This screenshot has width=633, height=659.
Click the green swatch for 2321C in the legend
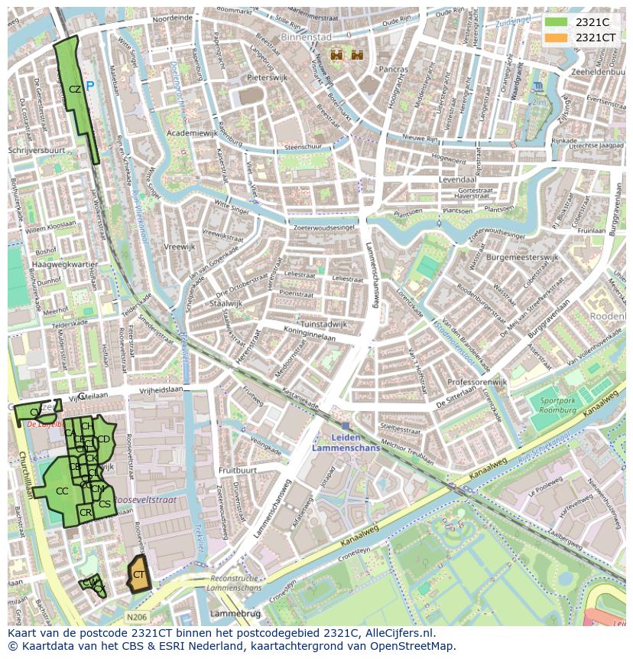pyautogui.click(x=556, y=22)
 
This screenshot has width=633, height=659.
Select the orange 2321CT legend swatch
pyautogui.click(x=556, y=38)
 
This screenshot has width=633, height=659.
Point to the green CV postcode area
pyautogui.click(x=34, y=413)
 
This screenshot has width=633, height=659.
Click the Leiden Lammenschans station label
pyautogui.click(x=346, y=443)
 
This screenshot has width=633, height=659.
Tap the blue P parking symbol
pyautogui.click(x=90, y=86)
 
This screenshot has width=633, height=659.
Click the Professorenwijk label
pyautogui.click(x=477, y=381)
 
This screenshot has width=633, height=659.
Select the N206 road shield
pyautogui.click(x=137, y=617)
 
